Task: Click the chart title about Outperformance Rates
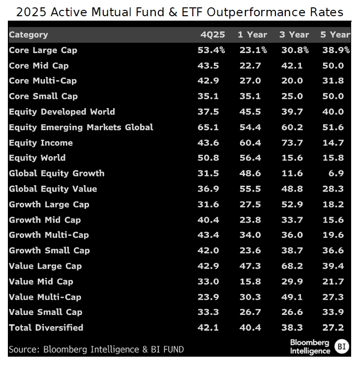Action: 180,12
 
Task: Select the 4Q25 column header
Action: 208,34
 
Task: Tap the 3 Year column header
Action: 294,34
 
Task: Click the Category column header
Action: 29,34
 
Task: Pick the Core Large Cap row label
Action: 43,50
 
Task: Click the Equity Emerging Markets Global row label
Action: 81,127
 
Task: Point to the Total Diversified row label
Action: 46,328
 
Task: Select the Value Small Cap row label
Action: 45,312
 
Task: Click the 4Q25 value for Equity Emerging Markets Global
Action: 208,127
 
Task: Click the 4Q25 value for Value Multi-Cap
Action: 208,297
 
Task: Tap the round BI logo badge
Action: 342,347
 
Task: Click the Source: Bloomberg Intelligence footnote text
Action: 96,349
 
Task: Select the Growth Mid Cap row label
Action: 44,220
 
